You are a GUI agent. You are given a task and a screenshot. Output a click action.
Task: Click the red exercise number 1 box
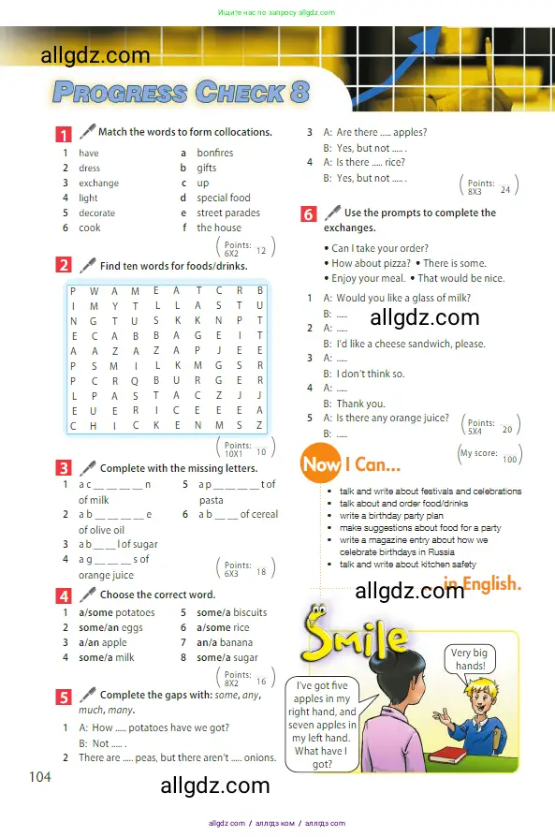[64, 133]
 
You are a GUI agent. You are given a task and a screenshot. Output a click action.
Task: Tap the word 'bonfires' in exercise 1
[214, 153]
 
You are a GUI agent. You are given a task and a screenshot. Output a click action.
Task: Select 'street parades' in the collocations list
[228, 213]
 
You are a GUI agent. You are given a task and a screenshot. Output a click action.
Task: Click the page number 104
[40, 776]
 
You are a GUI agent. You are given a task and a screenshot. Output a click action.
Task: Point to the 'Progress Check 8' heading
[181, 93]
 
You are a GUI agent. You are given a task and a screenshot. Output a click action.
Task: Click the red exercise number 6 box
[309, 213]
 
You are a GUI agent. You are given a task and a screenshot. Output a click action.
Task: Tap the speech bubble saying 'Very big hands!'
[468, 659]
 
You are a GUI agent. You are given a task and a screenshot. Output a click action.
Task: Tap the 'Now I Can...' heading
[350, 463]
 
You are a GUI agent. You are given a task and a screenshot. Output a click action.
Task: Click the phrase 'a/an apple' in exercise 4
[102, 642]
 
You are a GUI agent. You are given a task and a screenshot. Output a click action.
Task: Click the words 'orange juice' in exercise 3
[106, 575]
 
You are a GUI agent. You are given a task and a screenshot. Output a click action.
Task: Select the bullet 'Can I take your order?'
[379, 248]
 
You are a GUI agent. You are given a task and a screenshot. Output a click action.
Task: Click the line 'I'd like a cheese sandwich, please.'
[404, 344]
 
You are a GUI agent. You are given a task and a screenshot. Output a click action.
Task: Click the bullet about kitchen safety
[407, 565]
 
